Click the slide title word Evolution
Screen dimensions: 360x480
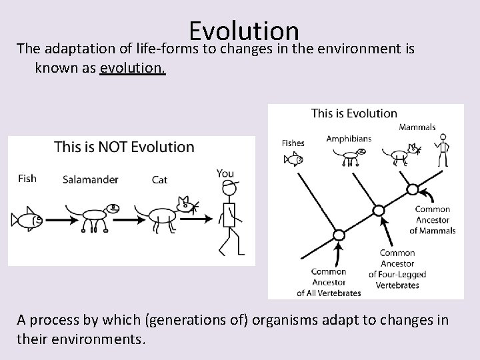pyautogui.click(x=243, y=30)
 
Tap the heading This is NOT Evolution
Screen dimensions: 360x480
pyautogui.click(x=124, y=147)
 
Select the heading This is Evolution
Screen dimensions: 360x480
pyautogui.click(x=354, y=113)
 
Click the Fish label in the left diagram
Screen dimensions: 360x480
pyautogui.click(x=27, y=178)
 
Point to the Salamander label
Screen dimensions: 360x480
pyautogui.click(x=90, y=179)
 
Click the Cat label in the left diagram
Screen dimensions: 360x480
pyautogui.click(x=159, y=179)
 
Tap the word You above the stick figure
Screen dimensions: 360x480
pyautogui.click(x=225, y=173)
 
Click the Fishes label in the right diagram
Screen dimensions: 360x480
pyautogui.click(x=293, y=143)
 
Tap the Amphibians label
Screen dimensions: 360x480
pyautogui.click(x=349, y=139)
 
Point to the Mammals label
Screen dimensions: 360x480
pyautogui.click(x=417, y=127)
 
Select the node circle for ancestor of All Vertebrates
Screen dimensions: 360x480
pyautogui.click(x=339, y=235)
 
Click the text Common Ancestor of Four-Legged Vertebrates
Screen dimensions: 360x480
pyautogui.click(x=397, y=269)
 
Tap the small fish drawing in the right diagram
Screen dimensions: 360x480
pyautogui.click(x=293, y=159)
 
